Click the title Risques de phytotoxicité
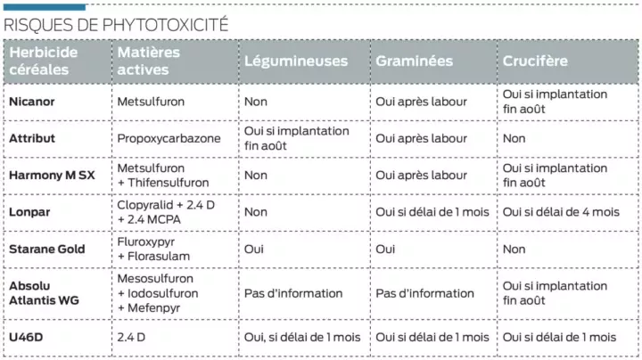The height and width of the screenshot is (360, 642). tap(116, 24)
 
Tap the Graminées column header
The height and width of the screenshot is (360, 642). tap(414, 61)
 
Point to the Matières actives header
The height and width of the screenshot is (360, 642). tap(149, 61)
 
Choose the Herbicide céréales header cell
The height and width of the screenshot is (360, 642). tap(44, 61)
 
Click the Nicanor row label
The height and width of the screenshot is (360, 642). tap(32, 102)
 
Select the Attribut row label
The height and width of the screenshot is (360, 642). tap(32, 138)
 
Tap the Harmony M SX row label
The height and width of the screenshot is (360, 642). tap(52, 176)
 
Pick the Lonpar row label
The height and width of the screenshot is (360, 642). tap(29, 212)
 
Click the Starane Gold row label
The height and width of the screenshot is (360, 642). tap(47, 250)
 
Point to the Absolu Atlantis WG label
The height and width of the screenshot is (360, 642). tap(44, 293)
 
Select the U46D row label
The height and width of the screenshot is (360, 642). tap(26, 337)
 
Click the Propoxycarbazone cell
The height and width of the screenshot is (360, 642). tap(165, 138)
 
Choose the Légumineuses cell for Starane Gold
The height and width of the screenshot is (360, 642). tap(254, 250)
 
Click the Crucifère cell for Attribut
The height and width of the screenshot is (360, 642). tap(514, 138)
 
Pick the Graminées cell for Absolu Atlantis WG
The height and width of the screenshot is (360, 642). tap(425, 293)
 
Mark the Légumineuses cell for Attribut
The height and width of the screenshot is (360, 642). tap(297, 138)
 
